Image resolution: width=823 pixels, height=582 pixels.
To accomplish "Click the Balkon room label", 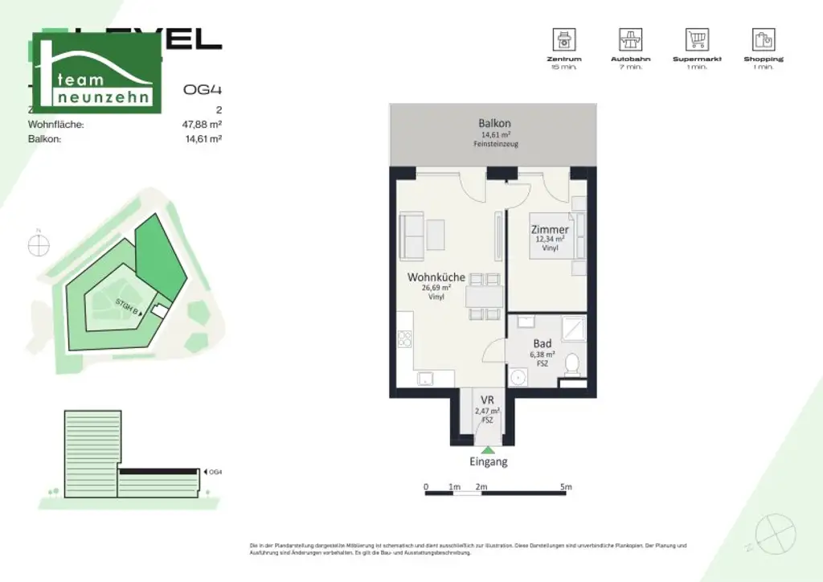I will [x=494, y=124].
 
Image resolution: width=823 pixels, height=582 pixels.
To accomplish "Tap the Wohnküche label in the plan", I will [x=436, y=277].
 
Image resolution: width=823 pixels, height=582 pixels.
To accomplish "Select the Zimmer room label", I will [x=550, y=230].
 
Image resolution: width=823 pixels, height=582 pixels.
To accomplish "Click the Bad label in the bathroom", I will [x=543, y=344].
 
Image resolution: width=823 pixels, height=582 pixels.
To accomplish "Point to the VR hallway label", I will [x=487, y=400].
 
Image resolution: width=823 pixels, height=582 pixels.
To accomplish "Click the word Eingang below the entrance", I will [x=489, y=462].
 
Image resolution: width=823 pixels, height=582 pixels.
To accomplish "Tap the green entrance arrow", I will [x=488, y=449].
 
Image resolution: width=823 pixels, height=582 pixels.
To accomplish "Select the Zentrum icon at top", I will [x=563, y=39].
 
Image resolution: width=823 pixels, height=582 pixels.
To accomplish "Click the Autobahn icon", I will [x=630, y=39].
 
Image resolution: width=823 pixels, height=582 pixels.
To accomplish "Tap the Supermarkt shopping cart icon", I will [x=697, y=39].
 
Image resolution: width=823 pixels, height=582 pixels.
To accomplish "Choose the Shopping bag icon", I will [x=763, y=39].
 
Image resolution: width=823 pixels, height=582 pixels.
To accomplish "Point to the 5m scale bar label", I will [x=566, y=487].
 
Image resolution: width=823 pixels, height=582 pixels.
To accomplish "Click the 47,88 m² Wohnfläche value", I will [x=202, y=125].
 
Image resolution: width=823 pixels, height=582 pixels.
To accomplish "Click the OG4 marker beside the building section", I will [x=213, y=472].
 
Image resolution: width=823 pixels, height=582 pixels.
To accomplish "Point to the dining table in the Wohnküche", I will [x=484, y=295].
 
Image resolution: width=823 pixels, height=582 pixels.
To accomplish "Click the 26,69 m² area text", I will [x=436, y=288].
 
